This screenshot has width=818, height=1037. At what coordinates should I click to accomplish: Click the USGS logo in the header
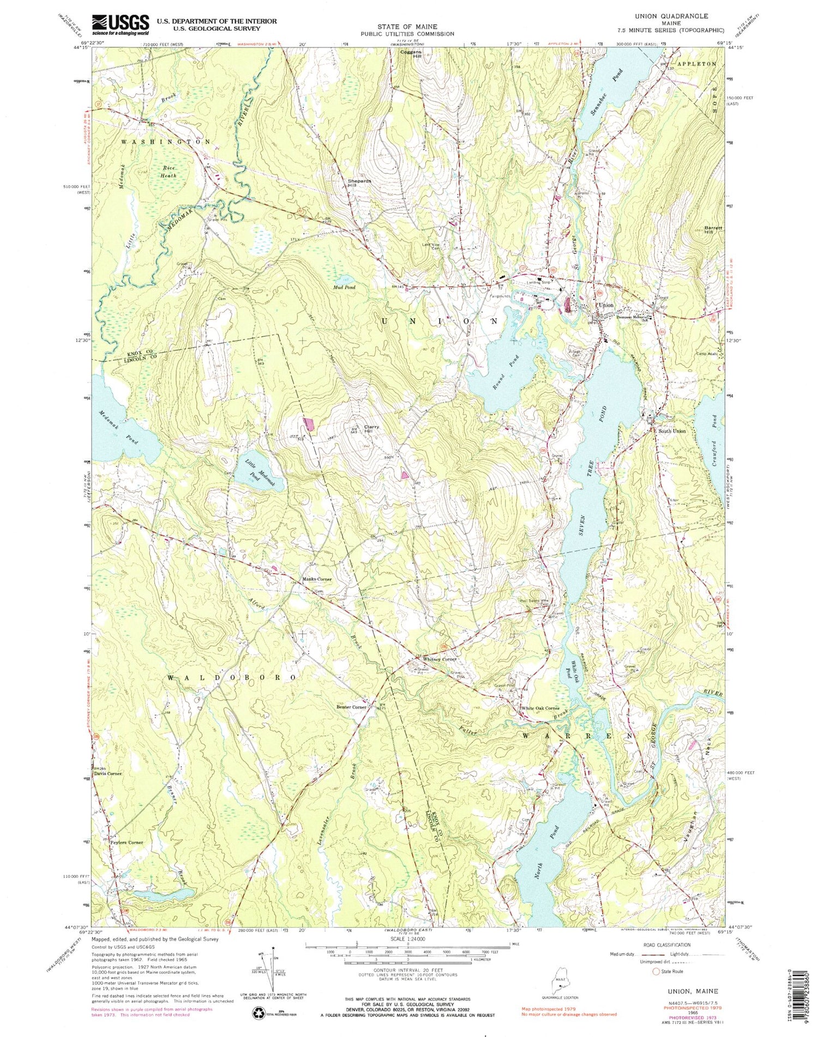point(121,24)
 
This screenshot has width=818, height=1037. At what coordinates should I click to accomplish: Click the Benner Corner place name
point(351,707)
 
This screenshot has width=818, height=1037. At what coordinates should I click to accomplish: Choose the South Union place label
point(672,431)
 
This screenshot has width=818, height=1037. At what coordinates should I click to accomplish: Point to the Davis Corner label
point(109,773)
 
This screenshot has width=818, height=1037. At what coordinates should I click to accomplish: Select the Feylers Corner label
point(127,842)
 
